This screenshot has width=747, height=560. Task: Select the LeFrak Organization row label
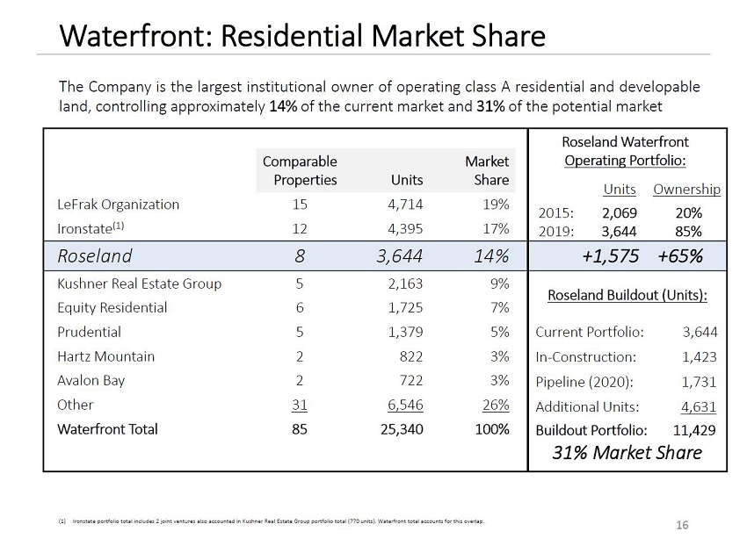tap(118, 205)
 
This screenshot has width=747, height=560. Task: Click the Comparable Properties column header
tap(300, 170)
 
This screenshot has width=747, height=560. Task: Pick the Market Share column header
tap(488, 170)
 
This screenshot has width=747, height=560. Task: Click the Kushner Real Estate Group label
tap(139, 284)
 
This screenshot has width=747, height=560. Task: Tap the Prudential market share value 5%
tap(499, 332)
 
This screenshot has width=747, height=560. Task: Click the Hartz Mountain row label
tap(105, 356)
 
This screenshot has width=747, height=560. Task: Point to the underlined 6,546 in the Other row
tap(403, 405)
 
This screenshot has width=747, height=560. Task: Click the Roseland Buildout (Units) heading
tap(627, 296)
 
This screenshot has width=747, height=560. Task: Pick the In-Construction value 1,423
tap(699, 357)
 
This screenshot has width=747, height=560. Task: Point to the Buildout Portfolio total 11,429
tap(694, 430)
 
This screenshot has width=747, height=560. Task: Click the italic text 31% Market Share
tap(627, 453)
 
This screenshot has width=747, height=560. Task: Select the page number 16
tap(682, 526)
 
